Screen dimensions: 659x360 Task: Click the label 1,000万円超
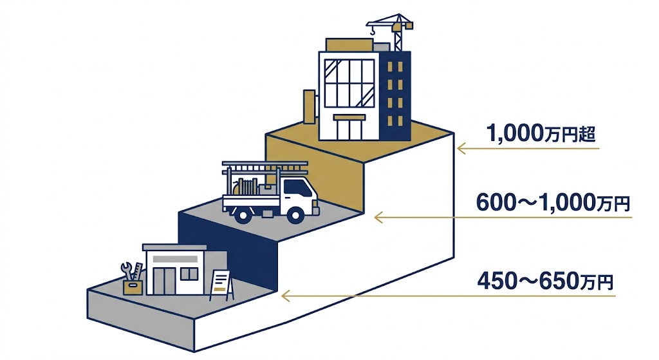click(x=541, y=133)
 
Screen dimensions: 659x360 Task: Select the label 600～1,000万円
click(x=553, y=203)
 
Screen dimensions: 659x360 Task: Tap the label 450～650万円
click(x=545, y=281)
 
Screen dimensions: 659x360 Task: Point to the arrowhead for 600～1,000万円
click(x=378, y=218)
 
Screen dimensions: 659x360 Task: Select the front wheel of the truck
click(x=296, y=215)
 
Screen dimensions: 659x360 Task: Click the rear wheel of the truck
click(x=243, y=215)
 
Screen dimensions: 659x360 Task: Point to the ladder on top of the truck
click(x=265, y=166)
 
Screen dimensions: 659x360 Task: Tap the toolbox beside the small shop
click(x=133, y=287)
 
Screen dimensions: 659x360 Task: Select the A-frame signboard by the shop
click(x=221, y=285)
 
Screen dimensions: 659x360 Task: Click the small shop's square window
click(x=189, y=274)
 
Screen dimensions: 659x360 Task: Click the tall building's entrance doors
click(x=348, y=129)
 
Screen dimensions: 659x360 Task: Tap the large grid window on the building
click(x=349, y=83)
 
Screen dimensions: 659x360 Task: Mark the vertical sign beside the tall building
click(x=310, y=106)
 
